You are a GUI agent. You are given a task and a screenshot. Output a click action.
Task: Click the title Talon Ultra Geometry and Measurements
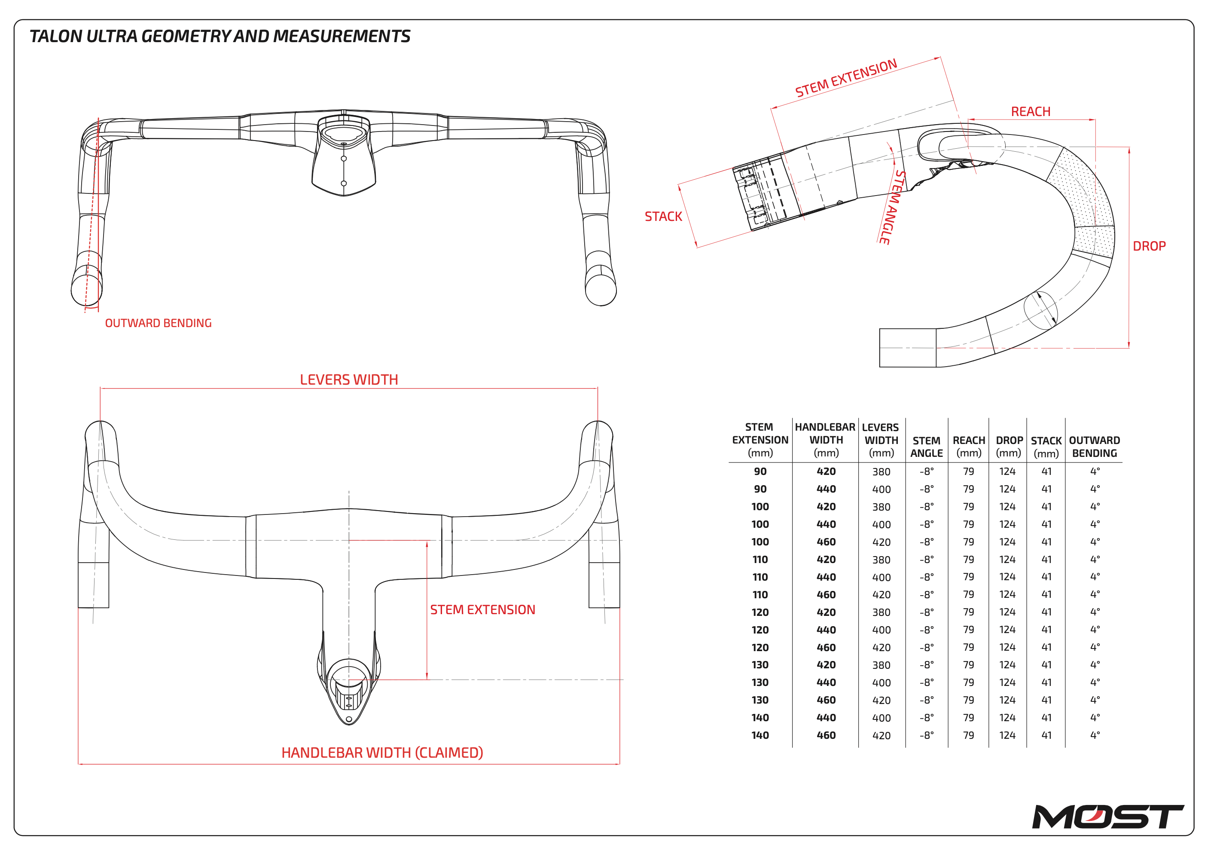click(220, 36)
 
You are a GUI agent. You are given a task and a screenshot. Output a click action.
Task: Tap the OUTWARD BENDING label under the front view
click(158, 323)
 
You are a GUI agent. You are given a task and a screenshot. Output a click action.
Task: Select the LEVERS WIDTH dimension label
click(348, 380)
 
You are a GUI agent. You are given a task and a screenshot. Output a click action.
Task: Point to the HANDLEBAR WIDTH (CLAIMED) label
click(382, 753)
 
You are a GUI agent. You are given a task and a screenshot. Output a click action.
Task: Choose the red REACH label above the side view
click(1030, 112)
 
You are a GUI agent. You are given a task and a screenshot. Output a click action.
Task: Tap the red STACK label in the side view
click(663, 216)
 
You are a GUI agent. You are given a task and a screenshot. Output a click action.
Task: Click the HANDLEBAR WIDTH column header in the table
click(825, 440)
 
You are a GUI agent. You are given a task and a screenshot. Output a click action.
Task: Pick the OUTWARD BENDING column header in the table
click(1094, 447)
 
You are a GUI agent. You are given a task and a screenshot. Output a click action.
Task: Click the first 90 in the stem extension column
click(760, 471)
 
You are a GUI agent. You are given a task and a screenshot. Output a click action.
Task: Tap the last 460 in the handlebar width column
click(826, 735)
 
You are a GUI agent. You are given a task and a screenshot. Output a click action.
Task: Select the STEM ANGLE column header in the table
click(926, 447)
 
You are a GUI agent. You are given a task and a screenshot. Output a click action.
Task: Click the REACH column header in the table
click(969, 447)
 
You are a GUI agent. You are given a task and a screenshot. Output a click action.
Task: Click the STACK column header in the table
click(1046, 447)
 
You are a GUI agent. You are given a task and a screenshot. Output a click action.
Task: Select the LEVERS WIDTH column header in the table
click(881, 440)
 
